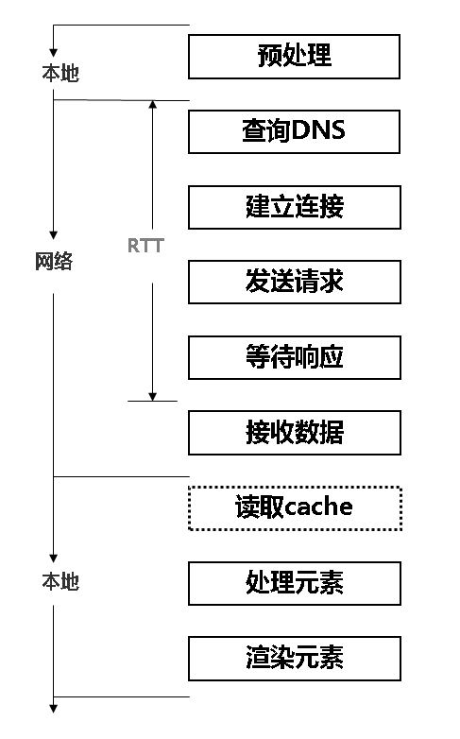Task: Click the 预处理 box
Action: tap(295, 57)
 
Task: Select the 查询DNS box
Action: tap(295, 131)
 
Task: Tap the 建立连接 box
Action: tap(295, 207)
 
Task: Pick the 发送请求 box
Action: tap(295, 283)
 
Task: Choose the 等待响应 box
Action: tap(295, 357)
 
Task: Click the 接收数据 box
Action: tap(295, 433)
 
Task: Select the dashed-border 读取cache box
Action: tap(295, 507)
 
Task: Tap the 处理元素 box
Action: tap(295, 583)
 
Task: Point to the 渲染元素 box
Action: tap(295, 659)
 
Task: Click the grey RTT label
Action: tap(145, 246)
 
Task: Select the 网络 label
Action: tap(54, 262)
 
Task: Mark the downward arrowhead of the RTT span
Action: tap(152, 395)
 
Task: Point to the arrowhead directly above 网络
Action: tap(54, 234)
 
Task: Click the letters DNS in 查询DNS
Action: tap(318, 131)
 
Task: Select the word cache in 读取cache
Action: tap(318, 507)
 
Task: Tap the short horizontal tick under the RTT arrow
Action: tap(152, 401)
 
